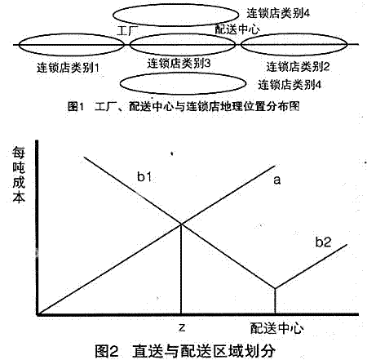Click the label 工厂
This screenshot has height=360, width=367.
127,31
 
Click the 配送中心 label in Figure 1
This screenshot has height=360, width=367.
237,29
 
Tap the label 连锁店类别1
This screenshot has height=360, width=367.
68,68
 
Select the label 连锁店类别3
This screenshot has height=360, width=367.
179,64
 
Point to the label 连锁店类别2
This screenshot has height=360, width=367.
298,66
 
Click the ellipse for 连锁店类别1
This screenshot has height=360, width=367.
71,34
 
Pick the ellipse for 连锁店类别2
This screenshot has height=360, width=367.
294,33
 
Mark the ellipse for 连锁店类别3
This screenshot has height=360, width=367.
183,34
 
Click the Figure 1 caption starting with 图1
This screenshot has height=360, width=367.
183,106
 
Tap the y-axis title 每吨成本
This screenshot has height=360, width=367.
19,175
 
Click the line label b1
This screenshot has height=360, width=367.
144,177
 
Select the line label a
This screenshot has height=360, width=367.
277,180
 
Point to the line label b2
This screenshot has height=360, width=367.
324,242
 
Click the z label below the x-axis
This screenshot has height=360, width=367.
182,327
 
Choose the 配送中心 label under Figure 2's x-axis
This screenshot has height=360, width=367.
276,328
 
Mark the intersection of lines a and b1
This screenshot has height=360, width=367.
181,224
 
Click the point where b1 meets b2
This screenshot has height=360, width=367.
275,288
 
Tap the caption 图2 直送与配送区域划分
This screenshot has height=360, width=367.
185,351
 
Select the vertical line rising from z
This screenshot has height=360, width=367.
181,269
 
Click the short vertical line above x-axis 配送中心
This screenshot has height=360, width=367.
275,301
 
